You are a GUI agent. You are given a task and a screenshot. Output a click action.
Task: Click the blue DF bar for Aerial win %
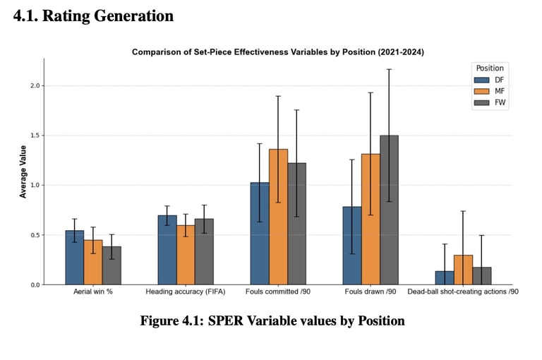75,258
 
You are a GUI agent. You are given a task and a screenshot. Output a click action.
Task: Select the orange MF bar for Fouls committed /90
278,217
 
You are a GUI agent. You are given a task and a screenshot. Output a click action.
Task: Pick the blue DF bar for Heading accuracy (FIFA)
167,250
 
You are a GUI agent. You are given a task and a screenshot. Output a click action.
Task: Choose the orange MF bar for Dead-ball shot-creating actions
463,270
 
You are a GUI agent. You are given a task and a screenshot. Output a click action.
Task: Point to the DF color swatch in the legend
481,80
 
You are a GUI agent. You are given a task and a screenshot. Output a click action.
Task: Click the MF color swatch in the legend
481,91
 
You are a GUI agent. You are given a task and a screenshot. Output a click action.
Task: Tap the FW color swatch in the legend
481,102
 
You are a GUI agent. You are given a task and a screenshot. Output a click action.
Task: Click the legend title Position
490,68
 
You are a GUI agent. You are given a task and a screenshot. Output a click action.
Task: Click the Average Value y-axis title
23,172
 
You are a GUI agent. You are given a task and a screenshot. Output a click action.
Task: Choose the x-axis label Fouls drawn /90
370,291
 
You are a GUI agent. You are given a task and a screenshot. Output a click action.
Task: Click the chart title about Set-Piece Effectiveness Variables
277,52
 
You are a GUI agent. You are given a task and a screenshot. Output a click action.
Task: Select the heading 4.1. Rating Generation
93,16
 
